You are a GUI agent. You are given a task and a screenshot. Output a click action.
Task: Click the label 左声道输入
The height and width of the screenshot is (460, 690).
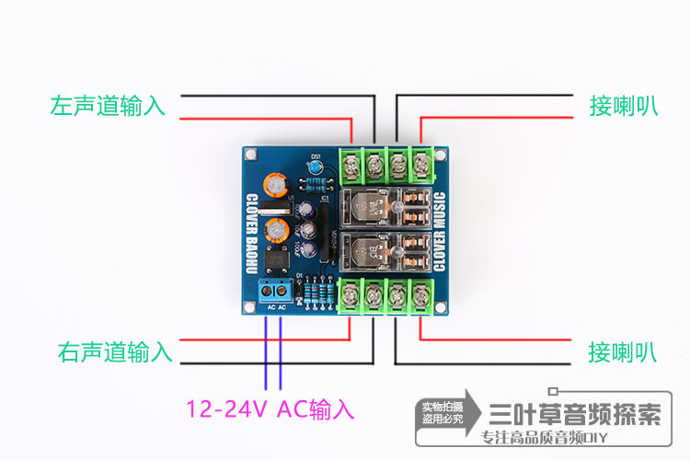(x=109, y=106)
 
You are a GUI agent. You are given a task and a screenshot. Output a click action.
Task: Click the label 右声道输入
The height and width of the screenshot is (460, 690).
(x=115, y=351)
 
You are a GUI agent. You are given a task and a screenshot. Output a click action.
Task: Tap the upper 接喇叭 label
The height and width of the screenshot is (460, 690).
(x=623, y=106)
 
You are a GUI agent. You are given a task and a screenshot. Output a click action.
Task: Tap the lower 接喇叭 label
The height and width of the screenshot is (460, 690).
(x=623, y=351)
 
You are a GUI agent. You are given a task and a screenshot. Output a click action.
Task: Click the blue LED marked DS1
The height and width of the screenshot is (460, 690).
(x=316, y=169)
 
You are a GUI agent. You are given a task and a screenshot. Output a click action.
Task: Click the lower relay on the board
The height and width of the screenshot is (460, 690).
(x=387, y=252)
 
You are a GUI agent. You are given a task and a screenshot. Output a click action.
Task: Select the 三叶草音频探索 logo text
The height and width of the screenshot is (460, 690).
(x=576, y=413)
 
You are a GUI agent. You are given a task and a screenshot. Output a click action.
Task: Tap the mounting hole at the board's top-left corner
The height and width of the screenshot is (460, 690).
(x=249, y=154)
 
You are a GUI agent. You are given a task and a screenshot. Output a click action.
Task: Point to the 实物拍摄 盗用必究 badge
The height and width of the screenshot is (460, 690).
(x=441, y=411)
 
